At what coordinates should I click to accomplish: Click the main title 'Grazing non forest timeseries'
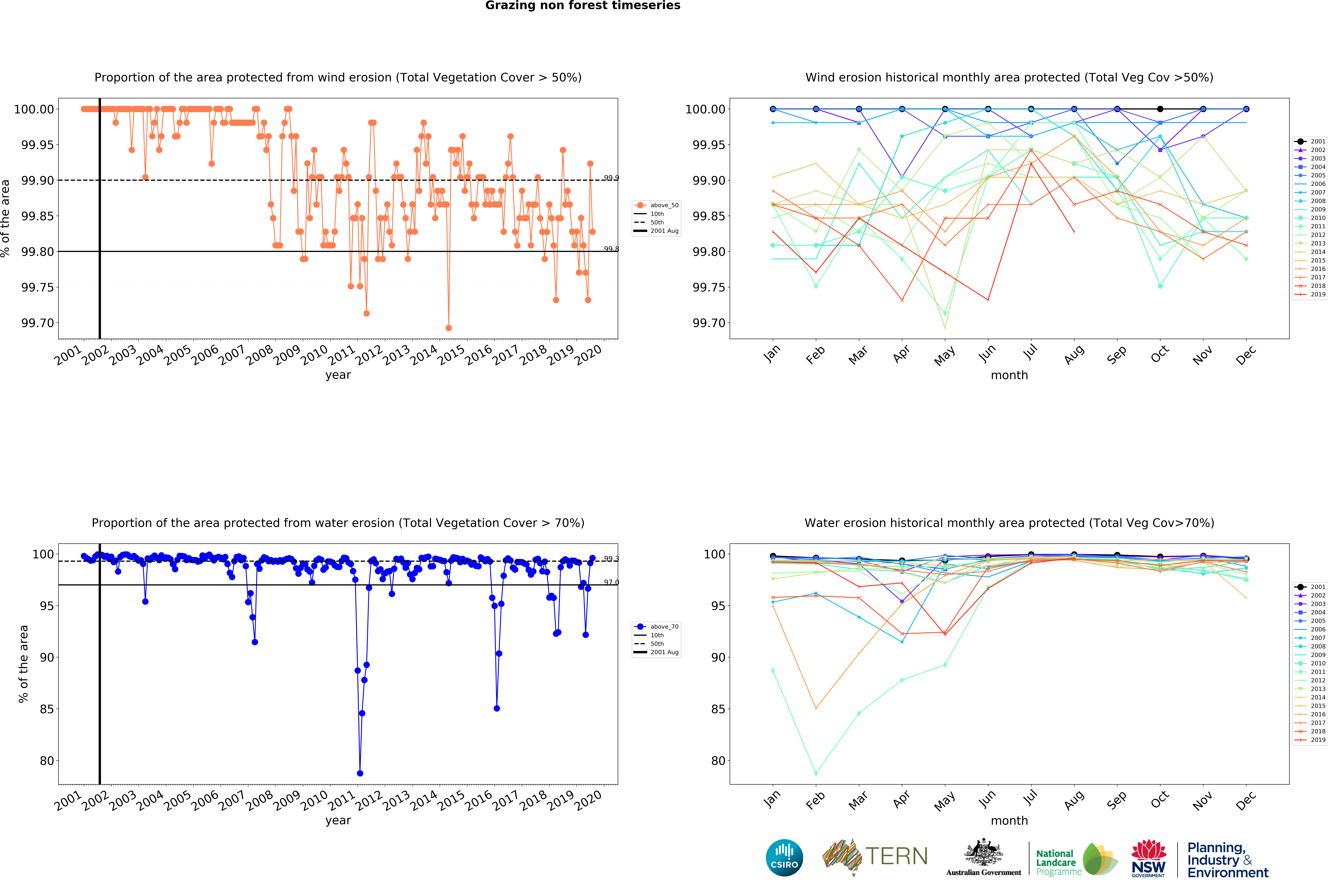click(583, 6)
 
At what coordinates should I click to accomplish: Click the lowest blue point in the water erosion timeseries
click(360, 773)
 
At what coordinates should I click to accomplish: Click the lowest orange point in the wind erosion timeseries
click(448, 328)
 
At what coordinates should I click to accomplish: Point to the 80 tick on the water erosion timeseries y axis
click(47, 761)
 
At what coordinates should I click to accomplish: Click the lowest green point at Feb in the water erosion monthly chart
click(816, 773)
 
